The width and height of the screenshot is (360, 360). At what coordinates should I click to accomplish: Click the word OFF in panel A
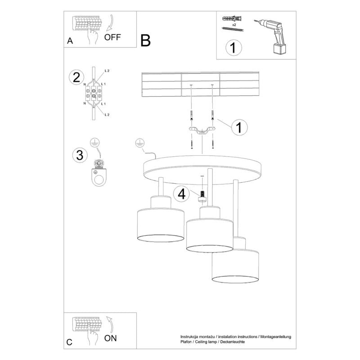(112, 37)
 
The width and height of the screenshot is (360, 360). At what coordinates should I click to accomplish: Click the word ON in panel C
(112, 337)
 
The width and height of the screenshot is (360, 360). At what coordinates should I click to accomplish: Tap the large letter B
(145, 41)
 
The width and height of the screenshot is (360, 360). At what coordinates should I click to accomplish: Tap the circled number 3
(79, 155)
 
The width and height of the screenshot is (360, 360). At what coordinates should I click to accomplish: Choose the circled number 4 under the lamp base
(182, 194)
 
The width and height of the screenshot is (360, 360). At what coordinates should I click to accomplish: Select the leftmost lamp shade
(160, 225)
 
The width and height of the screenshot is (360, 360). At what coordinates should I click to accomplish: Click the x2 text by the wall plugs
(234, 25)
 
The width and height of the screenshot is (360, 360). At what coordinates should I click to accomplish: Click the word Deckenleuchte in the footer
(230, 343)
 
